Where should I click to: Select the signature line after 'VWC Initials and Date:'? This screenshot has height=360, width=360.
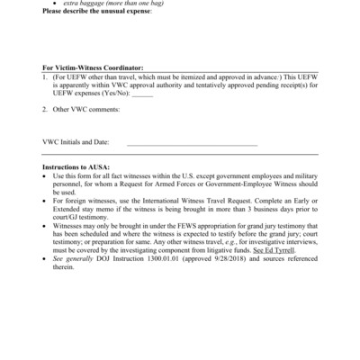192,143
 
